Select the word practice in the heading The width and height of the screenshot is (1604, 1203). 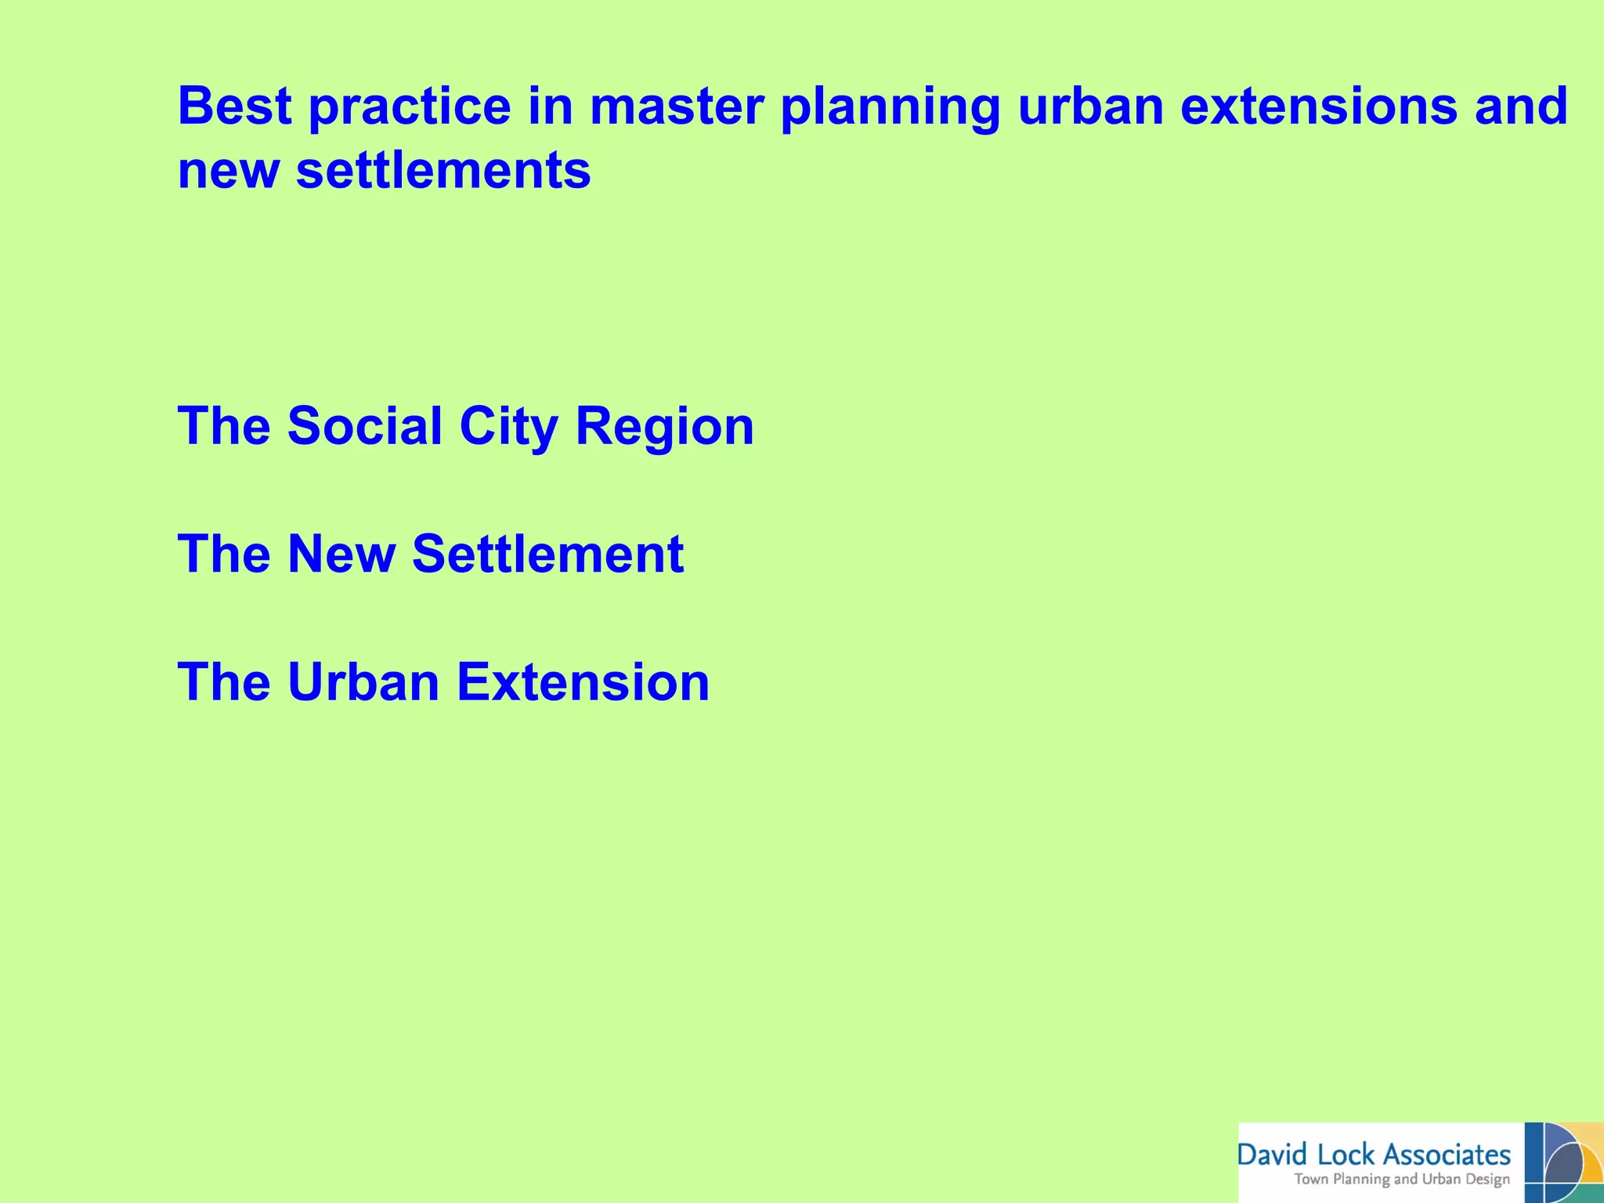point(409,107)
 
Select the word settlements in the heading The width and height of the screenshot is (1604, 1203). point(443,170)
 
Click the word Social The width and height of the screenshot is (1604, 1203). point(365,426)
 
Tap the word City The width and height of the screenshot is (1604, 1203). point(508,428)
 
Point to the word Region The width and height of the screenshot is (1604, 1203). point(664,428)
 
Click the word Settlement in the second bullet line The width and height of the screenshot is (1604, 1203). point(547,554)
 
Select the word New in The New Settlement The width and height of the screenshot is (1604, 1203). point(341,554)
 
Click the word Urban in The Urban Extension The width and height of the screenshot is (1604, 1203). point(363,681)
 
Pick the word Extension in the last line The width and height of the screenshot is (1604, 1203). point(583,681)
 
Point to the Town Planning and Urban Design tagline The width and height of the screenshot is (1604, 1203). point(1402,1180)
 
